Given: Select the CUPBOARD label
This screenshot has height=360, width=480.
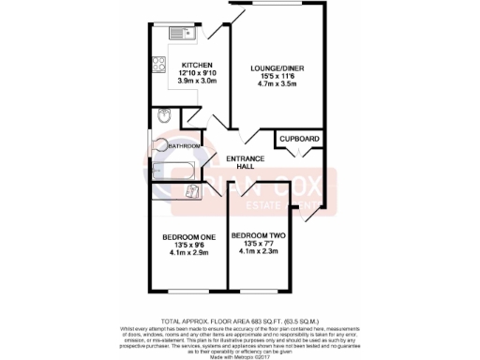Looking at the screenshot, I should point(299,140).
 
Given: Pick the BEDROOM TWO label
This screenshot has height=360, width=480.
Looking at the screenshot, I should point(257,235).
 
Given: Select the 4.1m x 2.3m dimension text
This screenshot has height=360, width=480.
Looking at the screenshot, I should point(257,252).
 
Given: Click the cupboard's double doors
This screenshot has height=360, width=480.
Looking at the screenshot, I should point(299,156).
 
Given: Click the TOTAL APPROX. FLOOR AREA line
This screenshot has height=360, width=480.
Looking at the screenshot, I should point(240,309).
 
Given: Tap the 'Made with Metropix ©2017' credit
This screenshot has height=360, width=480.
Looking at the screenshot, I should point(240,354).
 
